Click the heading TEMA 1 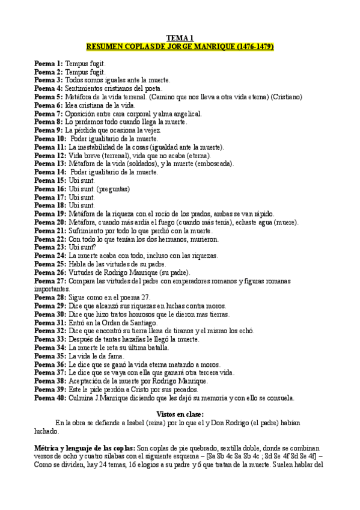[180, 37]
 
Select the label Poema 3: [48, 79]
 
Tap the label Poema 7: [48, 113]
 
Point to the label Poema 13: [50, 163]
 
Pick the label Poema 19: [50, 214]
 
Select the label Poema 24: [50, 255]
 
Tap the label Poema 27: [50, 280]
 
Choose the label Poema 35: [50, 356]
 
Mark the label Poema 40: [50, 398]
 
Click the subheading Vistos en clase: [180, 414]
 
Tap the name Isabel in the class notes [136, 423]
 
